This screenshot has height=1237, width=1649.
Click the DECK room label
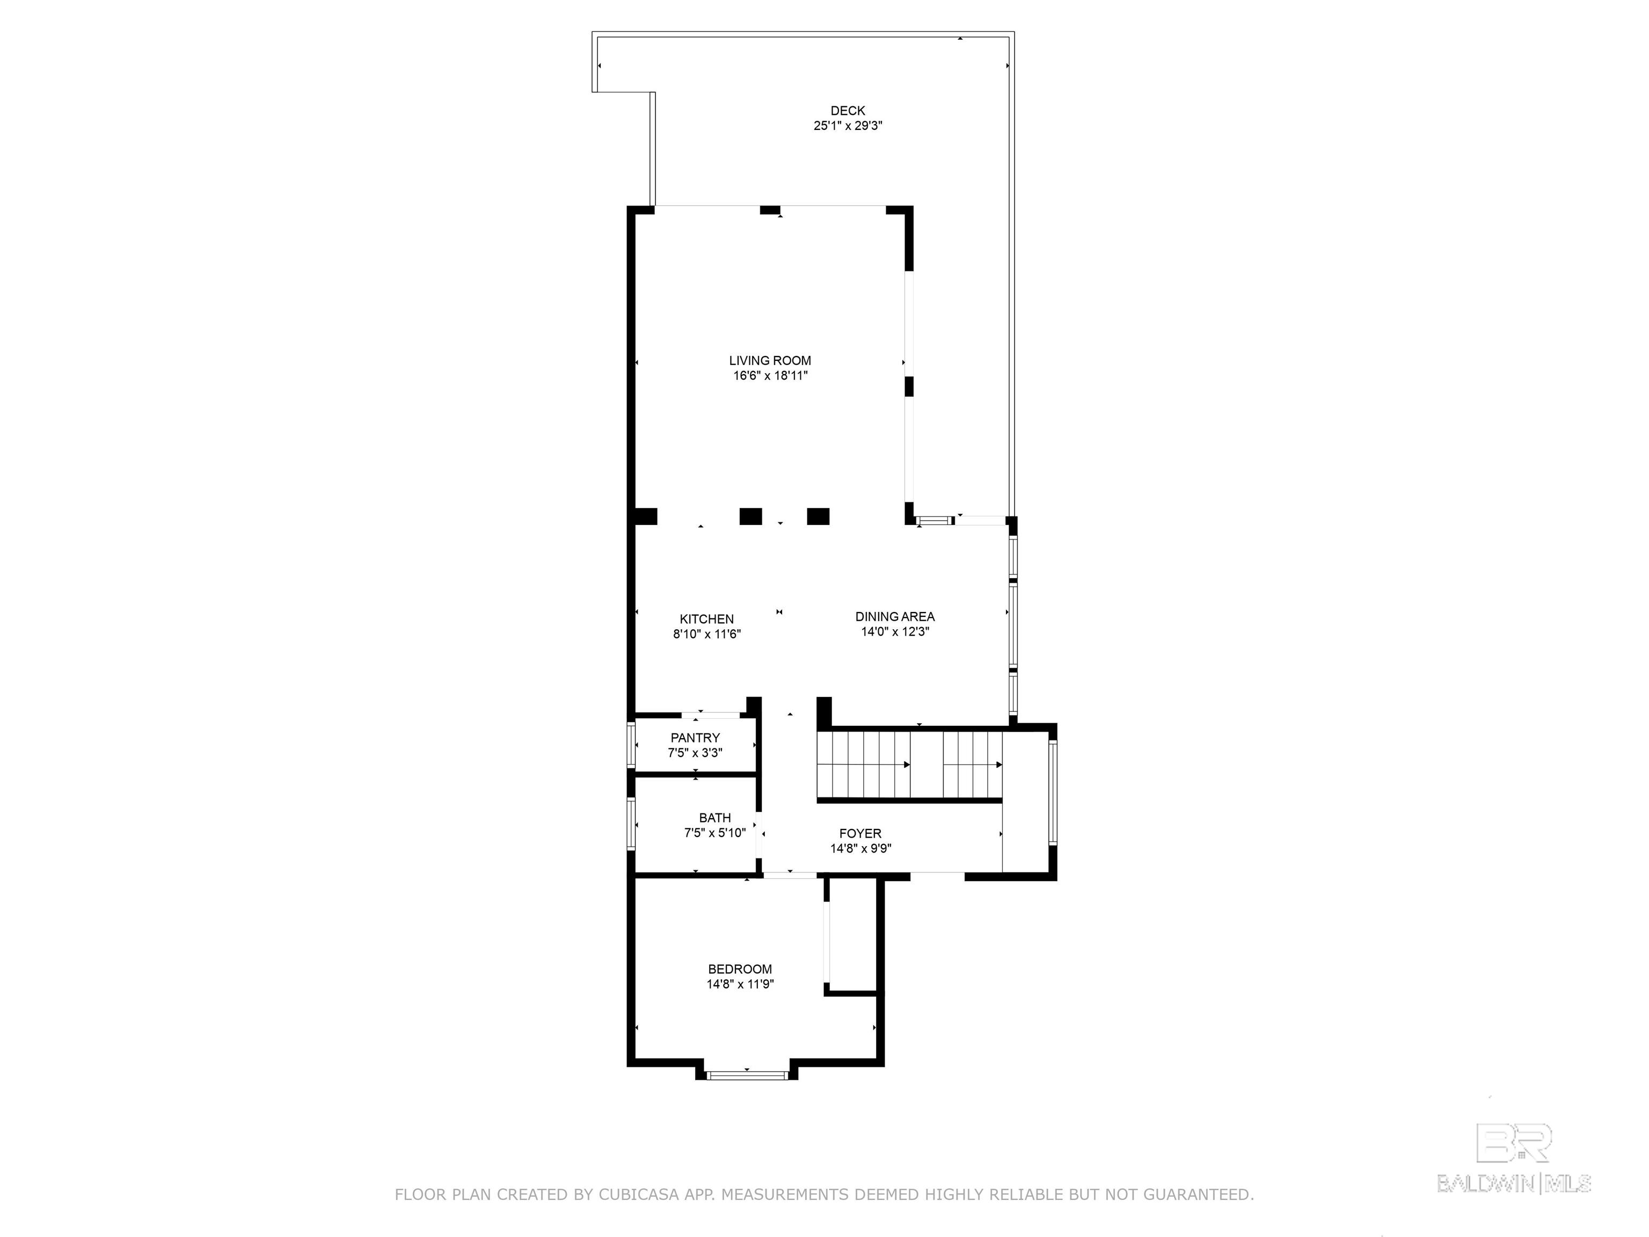point(848,111)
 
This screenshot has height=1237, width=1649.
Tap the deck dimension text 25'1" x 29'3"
point(848,127)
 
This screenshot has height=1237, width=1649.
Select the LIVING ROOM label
point(770,361)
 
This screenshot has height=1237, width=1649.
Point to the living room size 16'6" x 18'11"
point(770,376)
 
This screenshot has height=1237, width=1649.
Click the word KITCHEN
point(706,619)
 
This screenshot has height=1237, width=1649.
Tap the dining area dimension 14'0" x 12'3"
point(895,631)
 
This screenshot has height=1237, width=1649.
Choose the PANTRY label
point(695,738)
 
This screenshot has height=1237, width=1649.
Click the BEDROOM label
point(740,969)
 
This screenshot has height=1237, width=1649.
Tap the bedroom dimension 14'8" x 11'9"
point(740,984)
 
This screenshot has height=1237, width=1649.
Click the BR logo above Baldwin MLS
point(1514,1143)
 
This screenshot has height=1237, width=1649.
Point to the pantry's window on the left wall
point(631,746)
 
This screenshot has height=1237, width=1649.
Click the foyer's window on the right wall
point(1053,792)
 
